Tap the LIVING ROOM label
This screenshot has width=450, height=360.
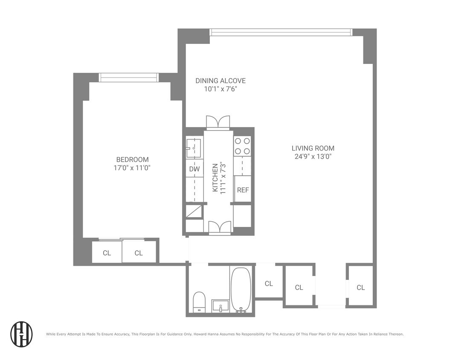[x=313, y=148]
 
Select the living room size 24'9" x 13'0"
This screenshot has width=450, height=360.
[x=313, y=156]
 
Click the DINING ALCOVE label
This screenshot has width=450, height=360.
[x=220, y=81]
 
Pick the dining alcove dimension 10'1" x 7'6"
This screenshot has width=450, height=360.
[x=220, y=89]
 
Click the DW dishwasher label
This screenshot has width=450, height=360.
[x=194, y=169]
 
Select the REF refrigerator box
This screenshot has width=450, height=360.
[x=243, y=189]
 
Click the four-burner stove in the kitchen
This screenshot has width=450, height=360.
[x=242, y=145]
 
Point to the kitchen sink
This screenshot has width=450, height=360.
[x=194, y=147]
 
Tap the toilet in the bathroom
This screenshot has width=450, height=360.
[x=199, y=301]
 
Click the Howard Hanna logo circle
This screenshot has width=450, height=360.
[x=21, y=334]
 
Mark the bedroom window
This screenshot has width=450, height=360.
[x=128, y=77]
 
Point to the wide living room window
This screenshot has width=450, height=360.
[x=281, y=32]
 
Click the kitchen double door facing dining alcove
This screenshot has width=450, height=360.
[x=218, y=122]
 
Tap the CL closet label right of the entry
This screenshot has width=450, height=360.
[x=360, y=287]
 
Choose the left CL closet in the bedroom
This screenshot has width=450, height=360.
[x=107, y=253]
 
